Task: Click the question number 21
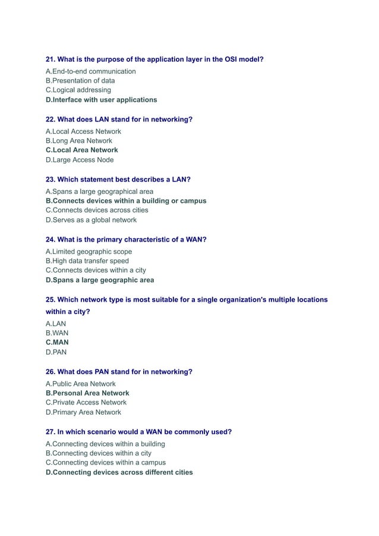click(50, 59)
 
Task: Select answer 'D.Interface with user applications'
click(101, 99)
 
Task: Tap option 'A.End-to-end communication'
click(90, 71)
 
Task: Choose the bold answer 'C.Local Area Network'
click(81, 150)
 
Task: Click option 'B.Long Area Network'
click(78, 141)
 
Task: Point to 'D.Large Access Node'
click(79, 159)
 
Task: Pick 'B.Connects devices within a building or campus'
click(126, 201)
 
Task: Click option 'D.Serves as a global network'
click(91, 220)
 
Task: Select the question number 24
click(50, 240)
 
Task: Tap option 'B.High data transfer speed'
click(87, 261)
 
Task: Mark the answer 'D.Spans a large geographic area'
click(99, 280)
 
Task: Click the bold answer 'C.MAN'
click(57, 342)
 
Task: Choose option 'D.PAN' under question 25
click(56, 352)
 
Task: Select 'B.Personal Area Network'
click(87, 393)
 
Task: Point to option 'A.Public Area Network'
click(80, 384)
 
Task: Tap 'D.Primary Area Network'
click(83, 412)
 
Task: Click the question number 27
click(50, 432)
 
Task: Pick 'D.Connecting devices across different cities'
click(119, 472)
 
